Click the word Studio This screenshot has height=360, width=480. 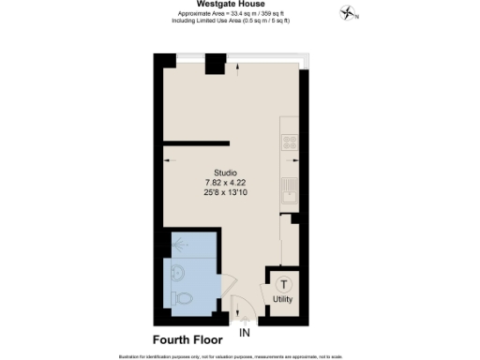(225, 172)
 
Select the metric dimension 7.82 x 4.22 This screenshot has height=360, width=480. (225, 183)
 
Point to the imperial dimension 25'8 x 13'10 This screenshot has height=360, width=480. (225, 193)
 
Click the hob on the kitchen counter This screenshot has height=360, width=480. (291, 143)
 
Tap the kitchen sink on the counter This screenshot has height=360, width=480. (291, 190)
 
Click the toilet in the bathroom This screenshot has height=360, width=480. (185, 298)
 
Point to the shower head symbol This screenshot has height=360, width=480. (179, 241)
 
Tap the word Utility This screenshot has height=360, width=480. (283, 300)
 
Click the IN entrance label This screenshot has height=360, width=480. (246, 333)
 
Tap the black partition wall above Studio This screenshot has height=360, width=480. (196, 142)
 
